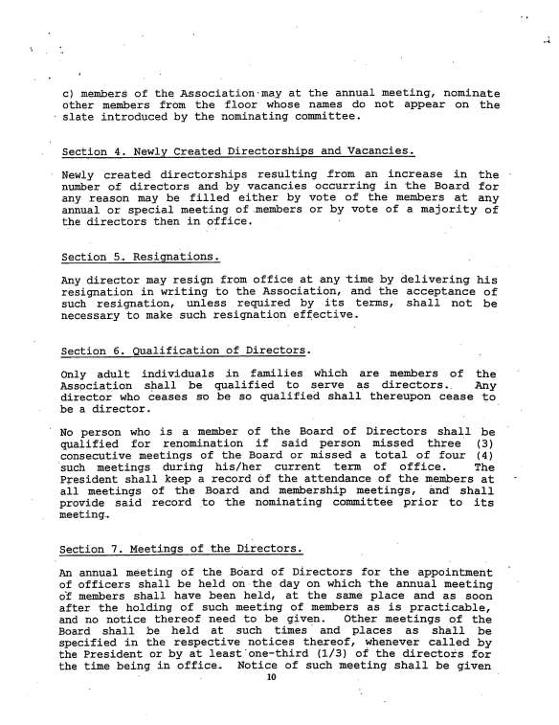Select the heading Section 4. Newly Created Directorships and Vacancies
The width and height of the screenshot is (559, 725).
(236, 151)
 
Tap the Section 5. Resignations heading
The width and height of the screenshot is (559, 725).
(140, 258)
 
